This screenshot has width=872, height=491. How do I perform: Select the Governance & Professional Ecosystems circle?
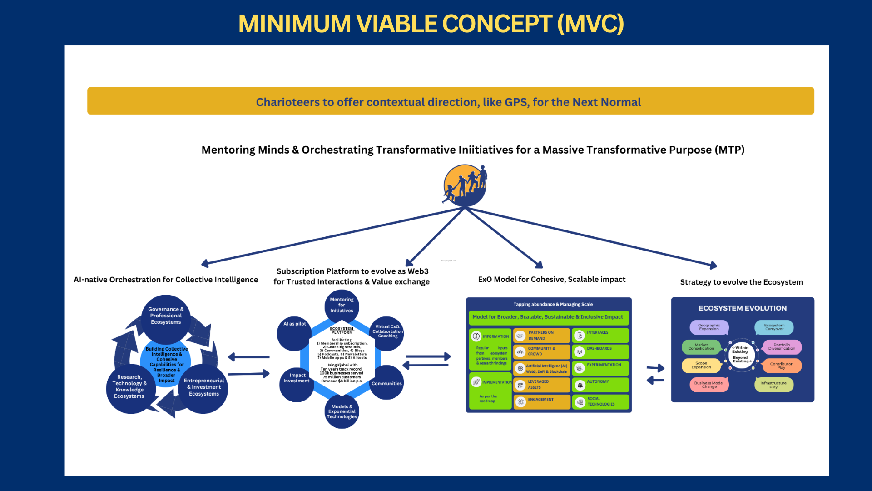coord(166,316)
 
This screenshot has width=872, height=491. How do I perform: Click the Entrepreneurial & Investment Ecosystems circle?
coord(204,388)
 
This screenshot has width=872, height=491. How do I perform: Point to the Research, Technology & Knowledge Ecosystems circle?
coord(129,387)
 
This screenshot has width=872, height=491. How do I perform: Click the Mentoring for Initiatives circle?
coord(342,306)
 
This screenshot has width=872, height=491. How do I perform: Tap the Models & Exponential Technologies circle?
coord(342,412)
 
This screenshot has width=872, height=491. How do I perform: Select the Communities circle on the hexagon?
coord(386,383)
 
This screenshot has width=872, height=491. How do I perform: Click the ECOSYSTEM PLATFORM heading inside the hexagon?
coord(342,331)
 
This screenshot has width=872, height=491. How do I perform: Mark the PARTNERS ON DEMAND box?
coord(541,336)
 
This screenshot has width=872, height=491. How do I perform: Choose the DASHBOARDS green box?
coord(600,351)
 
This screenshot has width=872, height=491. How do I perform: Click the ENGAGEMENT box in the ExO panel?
coord(541,401)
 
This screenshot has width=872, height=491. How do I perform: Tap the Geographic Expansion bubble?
coord(709,327)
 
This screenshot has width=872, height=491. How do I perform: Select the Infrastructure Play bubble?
coord(773,385)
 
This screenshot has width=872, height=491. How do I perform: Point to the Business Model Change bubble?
coord(709,385)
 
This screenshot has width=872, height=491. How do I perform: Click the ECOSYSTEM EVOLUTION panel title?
coord(743,308)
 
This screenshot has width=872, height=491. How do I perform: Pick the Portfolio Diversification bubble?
coord(782,347)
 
